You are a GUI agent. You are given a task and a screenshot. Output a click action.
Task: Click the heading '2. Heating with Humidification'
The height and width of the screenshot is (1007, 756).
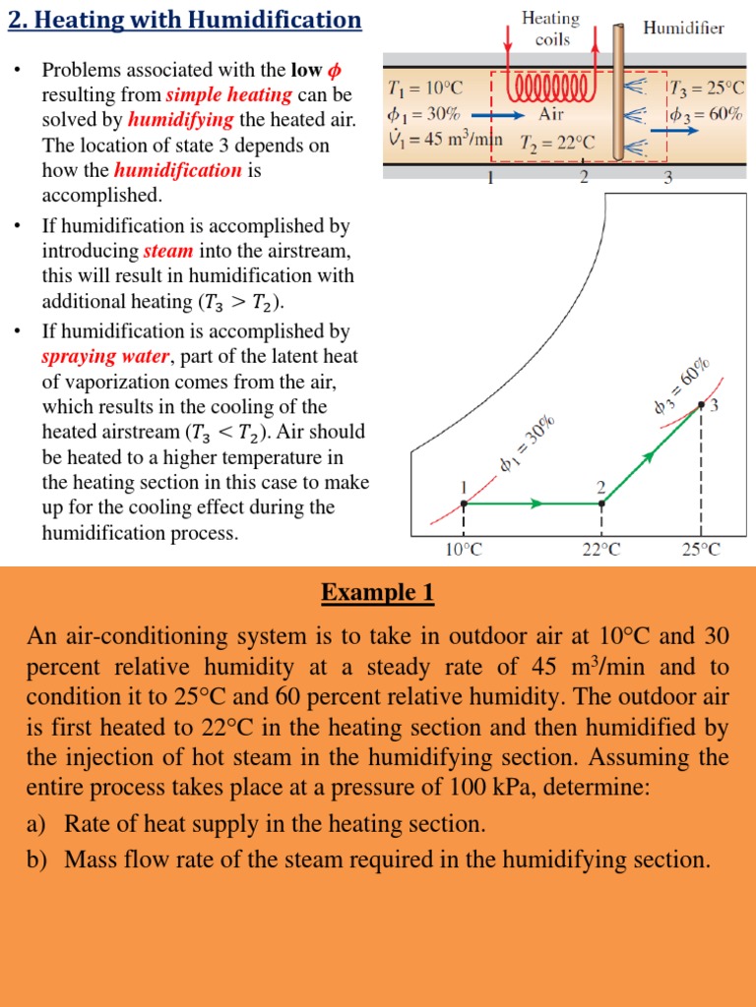tap(185, 20)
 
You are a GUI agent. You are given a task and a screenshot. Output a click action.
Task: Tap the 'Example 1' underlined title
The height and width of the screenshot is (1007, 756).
tap(377, 593)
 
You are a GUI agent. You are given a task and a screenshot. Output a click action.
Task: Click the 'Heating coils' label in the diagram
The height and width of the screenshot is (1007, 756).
tap(551, 29)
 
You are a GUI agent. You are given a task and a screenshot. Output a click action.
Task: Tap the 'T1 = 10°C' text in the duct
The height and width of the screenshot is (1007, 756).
tap(425, 89)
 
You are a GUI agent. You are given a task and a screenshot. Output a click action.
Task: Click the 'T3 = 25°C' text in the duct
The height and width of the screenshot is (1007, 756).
tap(706, 89)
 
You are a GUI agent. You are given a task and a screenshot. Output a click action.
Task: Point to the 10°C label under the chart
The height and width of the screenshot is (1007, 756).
tap(463, 550)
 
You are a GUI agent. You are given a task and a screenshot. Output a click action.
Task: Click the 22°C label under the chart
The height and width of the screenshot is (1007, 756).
tap(601, 550)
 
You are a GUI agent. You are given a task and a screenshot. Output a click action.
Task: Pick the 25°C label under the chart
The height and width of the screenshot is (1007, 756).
tap(701, 550)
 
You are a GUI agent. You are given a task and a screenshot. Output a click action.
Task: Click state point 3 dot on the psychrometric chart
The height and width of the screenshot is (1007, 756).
tap(701, 404)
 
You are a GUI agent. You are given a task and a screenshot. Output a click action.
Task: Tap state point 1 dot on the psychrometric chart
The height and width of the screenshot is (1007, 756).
tap(464, 503)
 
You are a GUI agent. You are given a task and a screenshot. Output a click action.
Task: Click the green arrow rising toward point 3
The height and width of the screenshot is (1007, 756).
tap(648, 455)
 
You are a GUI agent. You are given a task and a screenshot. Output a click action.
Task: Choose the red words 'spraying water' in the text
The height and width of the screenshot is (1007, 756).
tap(104, 356)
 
